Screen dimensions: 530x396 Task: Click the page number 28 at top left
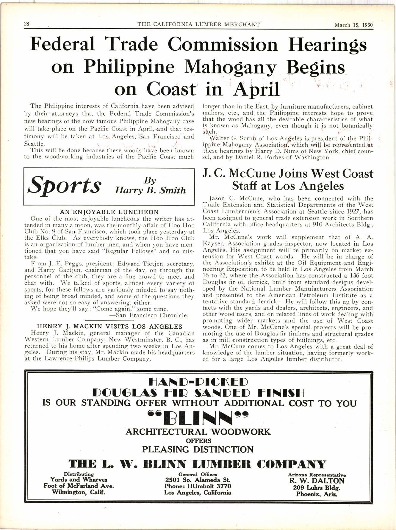tap(26, 24)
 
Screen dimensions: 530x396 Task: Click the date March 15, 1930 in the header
tap(353, 25)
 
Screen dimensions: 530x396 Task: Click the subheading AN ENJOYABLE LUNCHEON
tap(109, 212)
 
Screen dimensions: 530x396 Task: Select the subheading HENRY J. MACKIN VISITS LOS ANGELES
tap(109, 327)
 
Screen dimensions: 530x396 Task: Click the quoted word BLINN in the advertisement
tap(198, 418)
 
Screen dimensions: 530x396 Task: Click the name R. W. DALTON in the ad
tap(317, 481)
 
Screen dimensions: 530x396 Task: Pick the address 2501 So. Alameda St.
tap(198, 480)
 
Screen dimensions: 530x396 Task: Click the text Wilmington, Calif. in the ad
tap(79, 492)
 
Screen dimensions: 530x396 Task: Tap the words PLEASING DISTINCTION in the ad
tap(198, 449)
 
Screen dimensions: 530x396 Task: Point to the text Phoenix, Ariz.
tap(317, 494)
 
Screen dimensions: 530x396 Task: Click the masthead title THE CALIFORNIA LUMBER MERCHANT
tap(198, 24)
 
